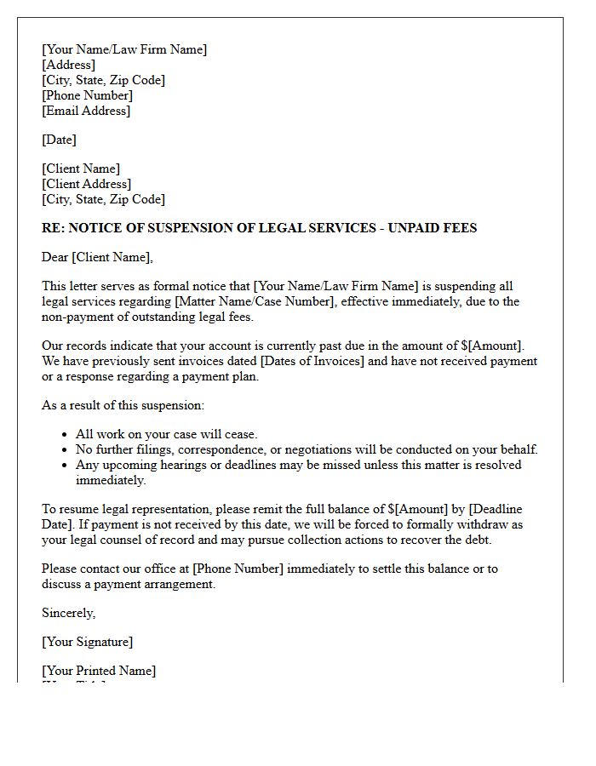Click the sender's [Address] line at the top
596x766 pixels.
pyautogui.click(x=68, y=65)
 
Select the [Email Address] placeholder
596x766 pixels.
pyautogui.click(x=86, y=111)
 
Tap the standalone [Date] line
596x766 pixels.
pyautogui.click(x=59, y=140)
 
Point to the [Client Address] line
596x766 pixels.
pyautogui.click(x=86, y=184)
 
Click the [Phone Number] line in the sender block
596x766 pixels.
pyautogui.click(x=87, y=95)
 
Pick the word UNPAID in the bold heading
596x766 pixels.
pyautogui.click(x=416, y=228)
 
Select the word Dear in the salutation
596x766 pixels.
pyautogui.click(x=55, y=257)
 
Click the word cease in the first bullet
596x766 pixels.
pyautogui.click(x=240, y=434)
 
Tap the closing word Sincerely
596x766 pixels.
pyautogui.click(x=68, y=613)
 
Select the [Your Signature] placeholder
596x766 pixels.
pyautogui.click(x=87, y=642)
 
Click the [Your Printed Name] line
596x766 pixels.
pyautogui.click(x=99, y=671)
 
